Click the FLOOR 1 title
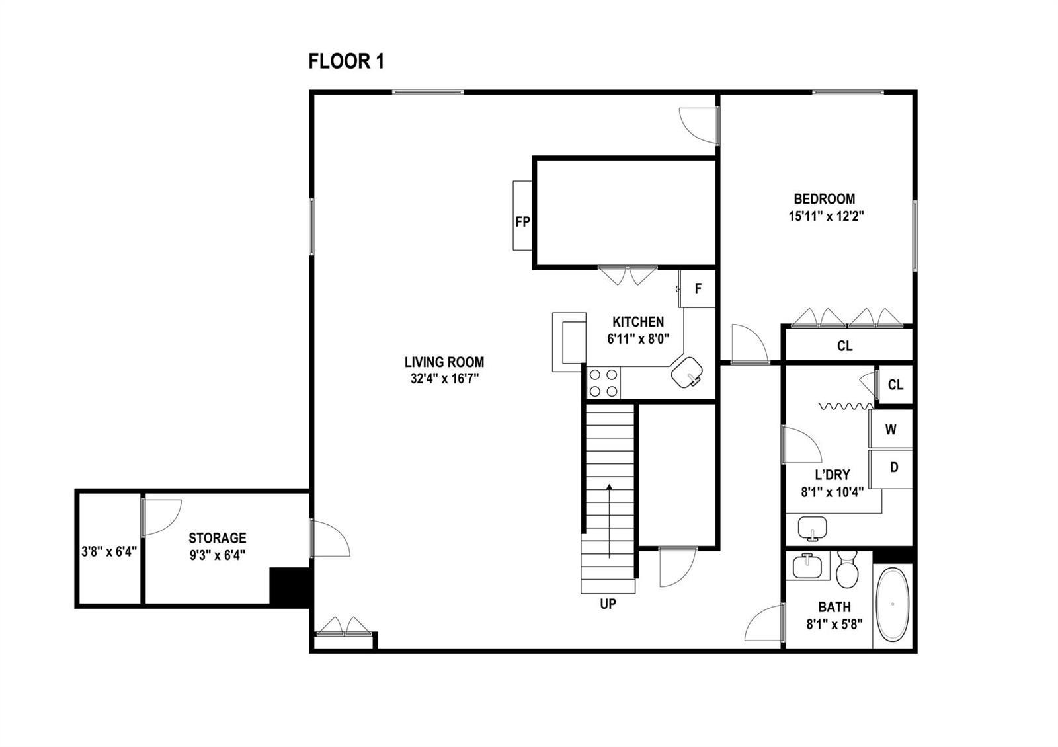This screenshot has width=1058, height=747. [346, 61]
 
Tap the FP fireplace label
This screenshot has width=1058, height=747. [522, 221]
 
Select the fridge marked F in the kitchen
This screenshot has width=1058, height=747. [697, 288]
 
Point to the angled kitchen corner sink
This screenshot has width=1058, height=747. [687, 373]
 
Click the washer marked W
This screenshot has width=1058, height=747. [891, 429]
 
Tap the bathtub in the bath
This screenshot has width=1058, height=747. [892, 604]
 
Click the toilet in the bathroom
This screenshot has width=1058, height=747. [846, 569]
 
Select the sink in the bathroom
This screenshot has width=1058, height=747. [807, 566]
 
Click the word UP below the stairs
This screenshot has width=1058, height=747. [608, 604]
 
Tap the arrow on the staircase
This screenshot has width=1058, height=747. [609, 521]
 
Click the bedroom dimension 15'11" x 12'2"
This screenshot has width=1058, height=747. [826, 216]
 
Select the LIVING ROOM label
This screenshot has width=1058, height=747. [444, 362]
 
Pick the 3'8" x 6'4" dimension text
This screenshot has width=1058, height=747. [109, 551]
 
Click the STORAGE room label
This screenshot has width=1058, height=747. [218, 538]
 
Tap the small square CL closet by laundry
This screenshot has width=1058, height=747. [895, 385]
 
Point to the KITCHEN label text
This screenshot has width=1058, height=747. [638, 322]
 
